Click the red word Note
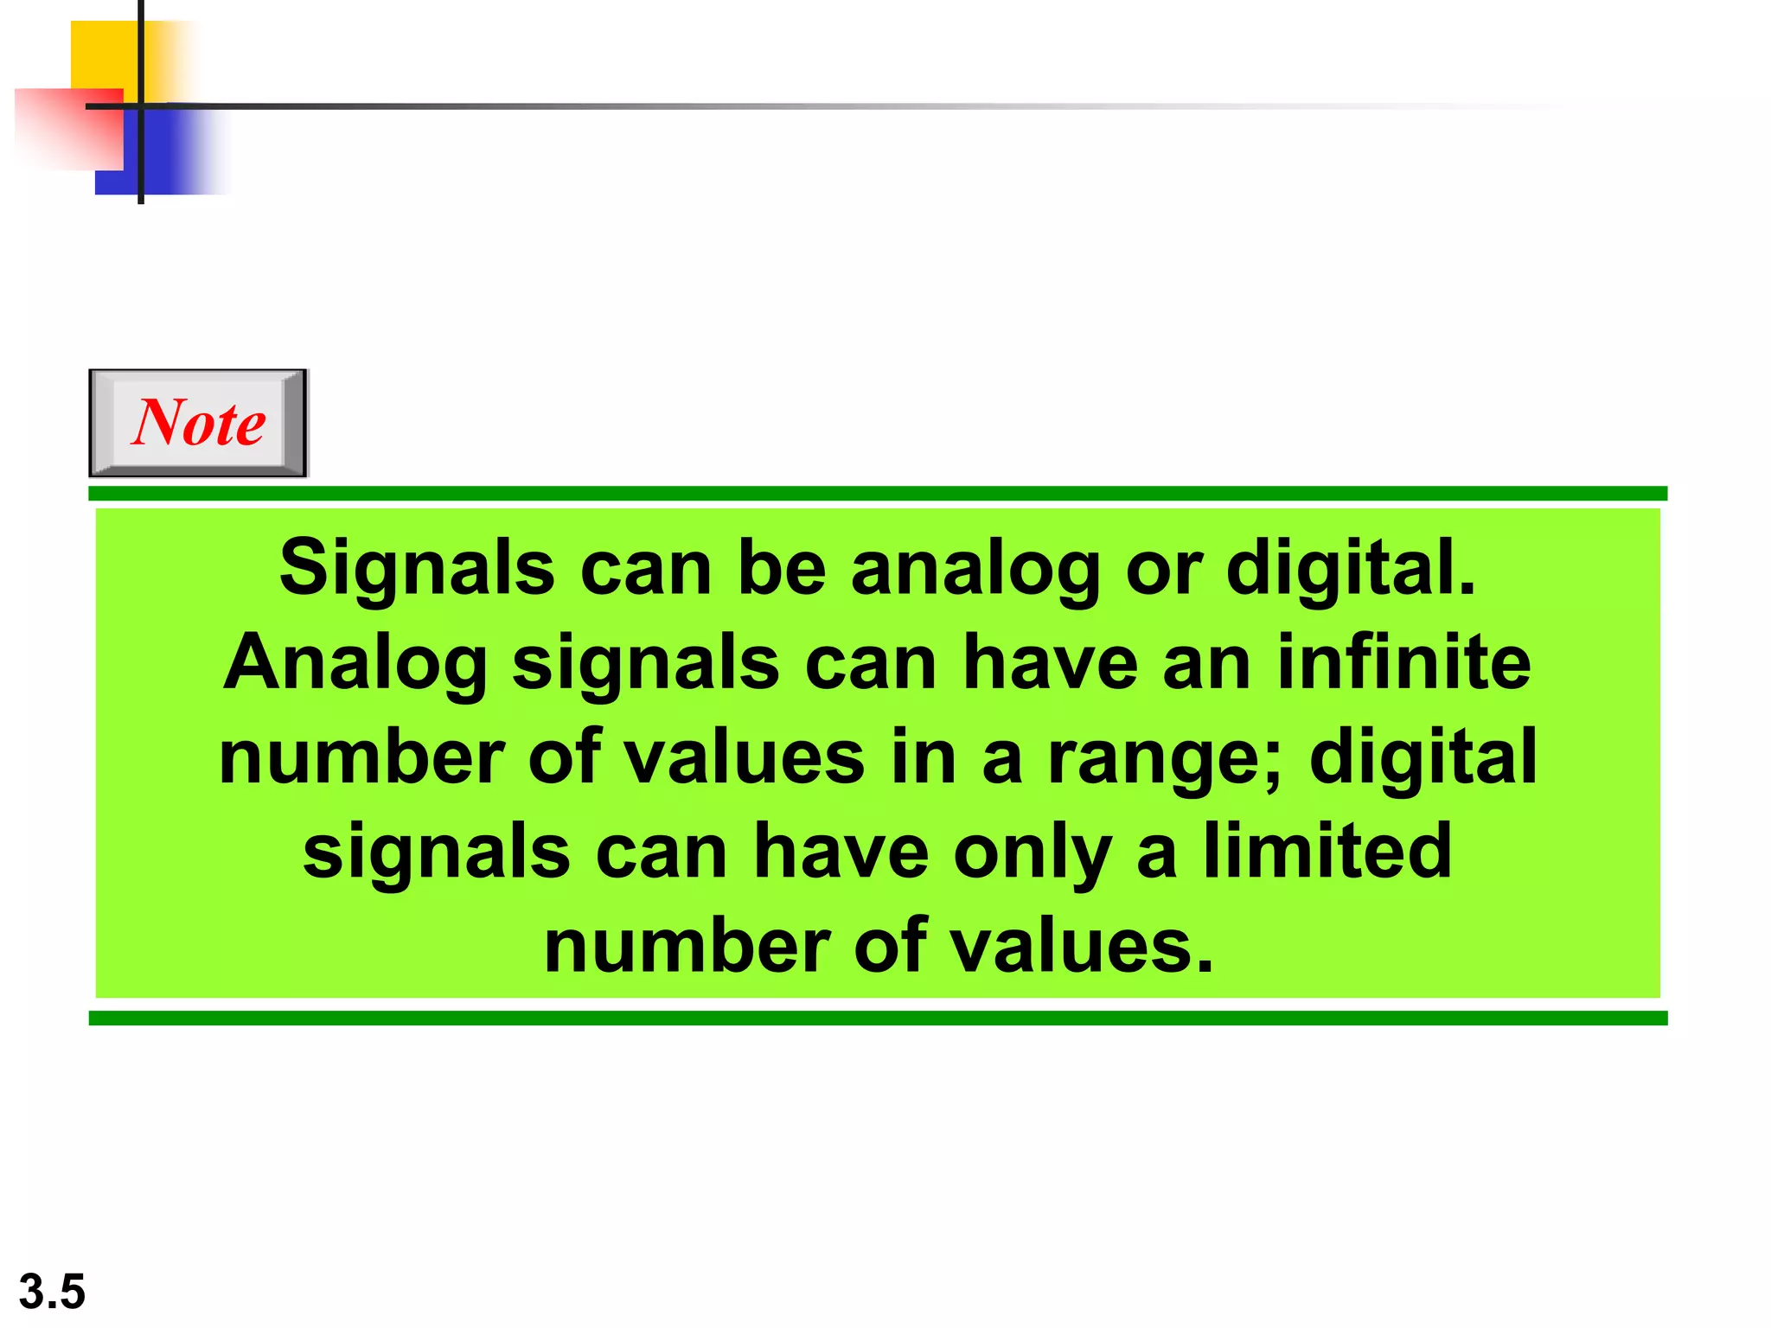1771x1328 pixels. (x=199, y=423)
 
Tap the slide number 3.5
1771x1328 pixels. (x=52, y=1292)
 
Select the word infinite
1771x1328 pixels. (x=1403, y=662)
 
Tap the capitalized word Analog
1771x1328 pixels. (x=355, y=664)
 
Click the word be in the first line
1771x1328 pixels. (x=782, y=568)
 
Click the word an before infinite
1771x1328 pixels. (x=1206, y=662)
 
